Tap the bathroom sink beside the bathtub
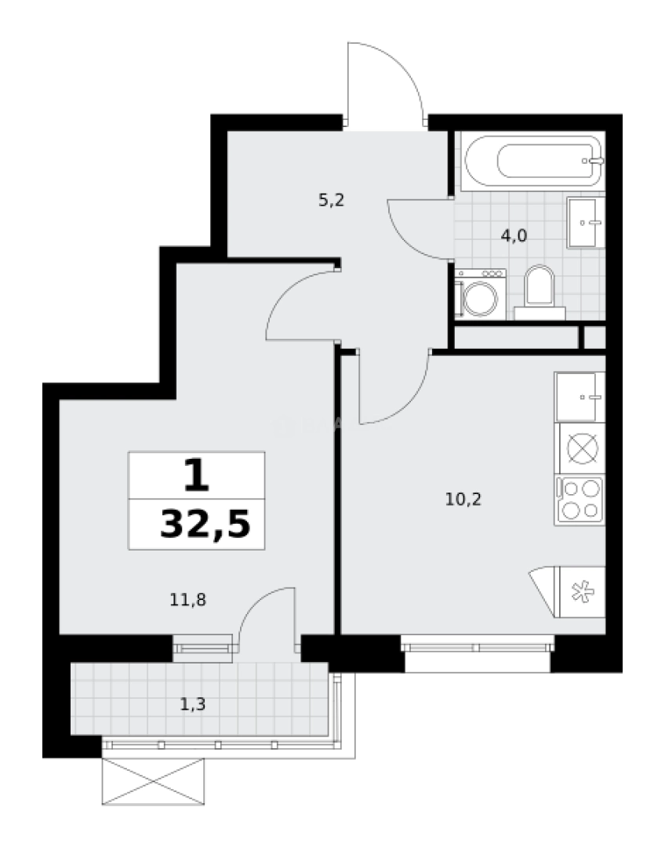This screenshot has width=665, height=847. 585,222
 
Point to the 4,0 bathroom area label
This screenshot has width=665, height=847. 514,235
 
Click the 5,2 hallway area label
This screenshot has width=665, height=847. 331,200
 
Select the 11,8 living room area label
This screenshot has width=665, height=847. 187,600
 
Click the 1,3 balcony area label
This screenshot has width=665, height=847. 193,703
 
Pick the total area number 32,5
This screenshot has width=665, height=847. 205,524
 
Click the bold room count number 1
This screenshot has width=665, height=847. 197,475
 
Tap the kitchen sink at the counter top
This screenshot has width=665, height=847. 580,397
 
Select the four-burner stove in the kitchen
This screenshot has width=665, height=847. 580,500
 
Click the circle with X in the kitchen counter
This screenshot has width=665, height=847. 580,449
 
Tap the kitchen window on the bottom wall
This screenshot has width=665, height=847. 478,647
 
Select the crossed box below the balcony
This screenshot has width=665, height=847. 154,782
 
